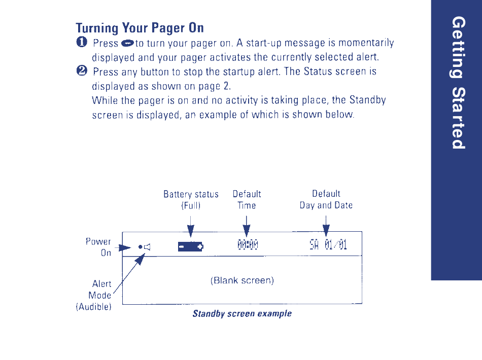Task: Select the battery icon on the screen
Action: [x=191, y=247]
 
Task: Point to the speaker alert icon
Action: [x=147, y=247]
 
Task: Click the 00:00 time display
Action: [x=248, y=247]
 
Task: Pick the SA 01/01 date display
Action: [x=328, y=247]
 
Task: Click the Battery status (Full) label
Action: [x=191, y=200]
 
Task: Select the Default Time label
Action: [x=247, y=200]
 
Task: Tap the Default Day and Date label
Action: [x=326, y=199]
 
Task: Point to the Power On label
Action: [x=98, y=247]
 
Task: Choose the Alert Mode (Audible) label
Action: [x=95, y=296]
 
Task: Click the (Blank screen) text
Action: [x=242, y=280]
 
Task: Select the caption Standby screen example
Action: [x=242, y=313]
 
